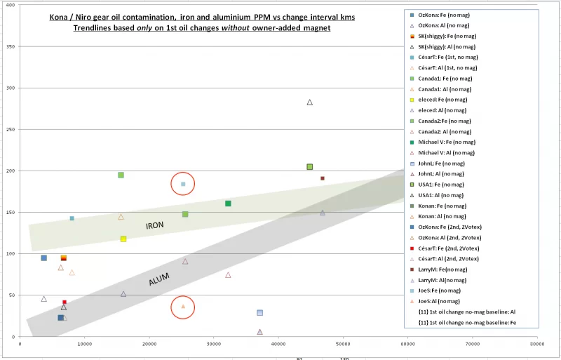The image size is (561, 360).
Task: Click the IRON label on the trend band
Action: pyautogui.click(x=154, y=225)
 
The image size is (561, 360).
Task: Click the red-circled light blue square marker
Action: pyautogui.click(x=183, y=184)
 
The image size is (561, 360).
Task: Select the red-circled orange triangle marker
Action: pyautogui.click(x=183, y=307)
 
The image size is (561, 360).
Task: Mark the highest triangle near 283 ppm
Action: pyautogui.click(x=309, y=102)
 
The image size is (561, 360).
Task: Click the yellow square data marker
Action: pyautogui.click(x=123, y=239)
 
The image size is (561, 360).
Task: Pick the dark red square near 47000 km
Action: pyautogui.click(x=323, y=178)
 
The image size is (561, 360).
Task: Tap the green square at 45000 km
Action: pyautogui.click(x=309, y=167)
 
